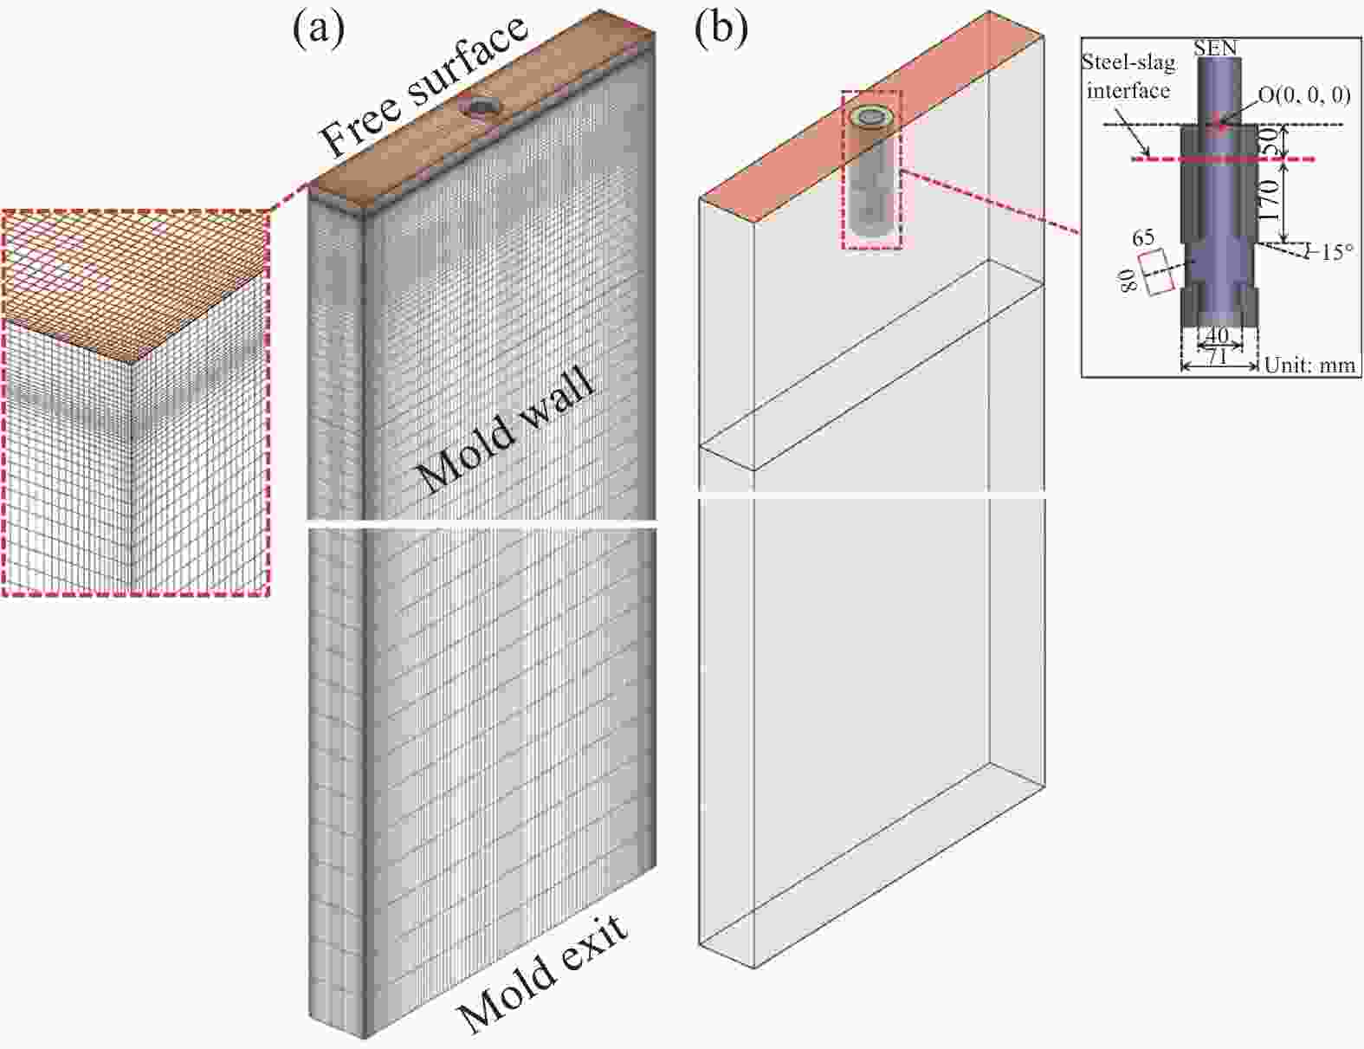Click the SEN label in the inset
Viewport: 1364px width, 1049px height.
pyautogui.click(x=1215, y=49)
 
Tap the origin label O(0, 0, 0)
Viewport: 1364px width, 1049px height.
pyautogui.click(x=1304, y=95)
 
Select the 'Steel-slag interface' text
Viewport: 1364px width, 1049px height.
pyautogui.click(x=1128, y=76)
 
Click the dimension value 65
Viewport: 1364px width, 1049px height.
pyautogui.click(x=1143, y=237)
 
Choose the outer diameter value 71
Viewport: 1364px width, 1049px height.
pyautogui.click(x=1218, y=356)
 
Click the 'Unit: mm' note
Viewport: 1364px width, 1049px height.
pyautogui.click(x=1309, y=366)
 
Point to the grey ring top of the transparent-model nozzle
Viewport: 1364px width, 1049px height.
pyautogui.click(x=869, y=117)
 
